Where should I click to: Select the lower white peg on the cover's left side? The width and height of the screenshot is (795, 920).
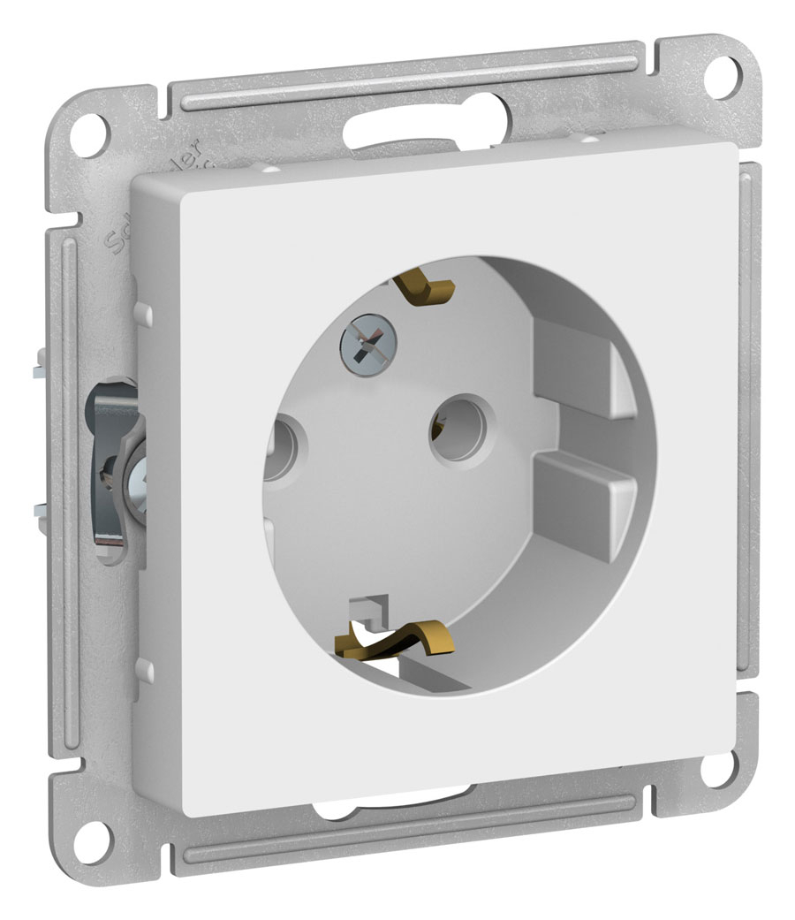145,669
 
